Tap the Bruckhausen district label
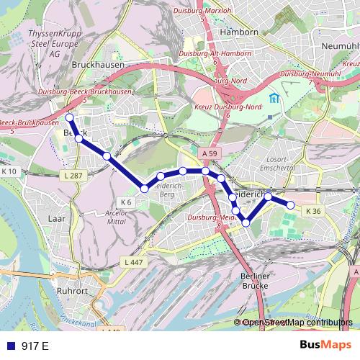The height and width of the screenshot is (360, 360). pos(99,64)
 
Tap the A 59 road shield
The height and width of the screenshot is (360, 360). pos(209,153)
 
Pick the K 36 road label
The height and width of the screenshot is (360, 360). pos(312,211)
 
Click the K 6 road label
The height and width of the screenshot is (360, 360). pos(127,201)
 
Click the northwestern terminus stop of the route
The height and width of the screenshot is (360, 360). pos(69,117)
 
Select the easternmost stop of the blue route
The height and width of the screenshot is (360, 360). pos(291,205)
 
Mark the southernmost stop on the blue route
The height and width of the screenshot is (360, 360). pos(246,223)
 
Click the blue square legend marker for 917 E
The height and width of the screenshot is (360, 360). pos(9,346)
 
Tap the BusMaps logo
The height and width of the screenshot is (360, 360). pos(326,346)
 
